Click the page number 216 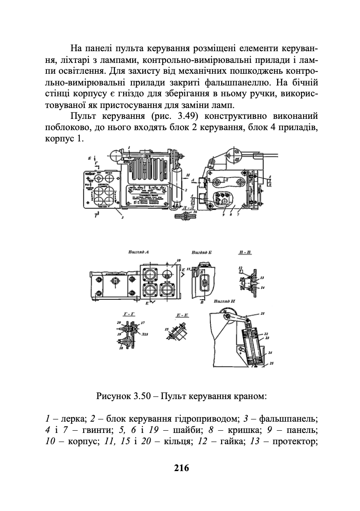coord(181,468)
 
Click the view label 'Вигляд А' coord(139,252)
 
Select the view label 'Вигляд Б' coord(201,252)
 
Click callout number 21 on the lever coord(263,313)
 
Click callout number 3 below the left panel coord(122,218)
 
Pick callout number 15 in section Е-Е coord(167,329)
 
